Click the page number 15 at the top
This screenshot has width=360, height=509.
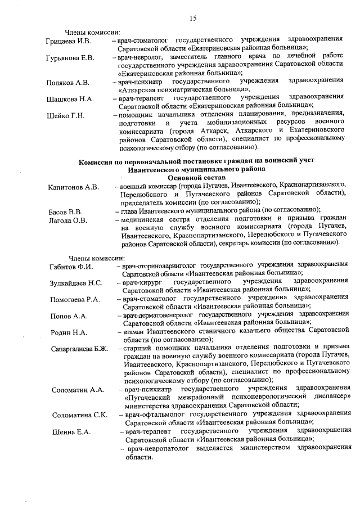[193, 19]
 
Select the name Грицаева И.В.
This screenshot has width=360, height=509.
[69, 42]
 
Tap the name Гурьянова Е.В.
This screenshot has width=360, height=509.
[70, 58]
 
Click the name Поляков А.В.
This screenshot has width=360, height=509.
[67, 83]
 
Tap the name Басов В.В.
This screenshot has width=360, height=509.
[65, 212]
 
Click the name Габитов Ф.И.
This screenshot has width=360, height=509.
[71, 267]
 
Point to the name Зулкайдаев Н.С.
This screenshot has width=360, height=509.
[76, 282]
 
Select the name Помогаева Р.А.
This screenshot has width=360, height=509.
[75, 299]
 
